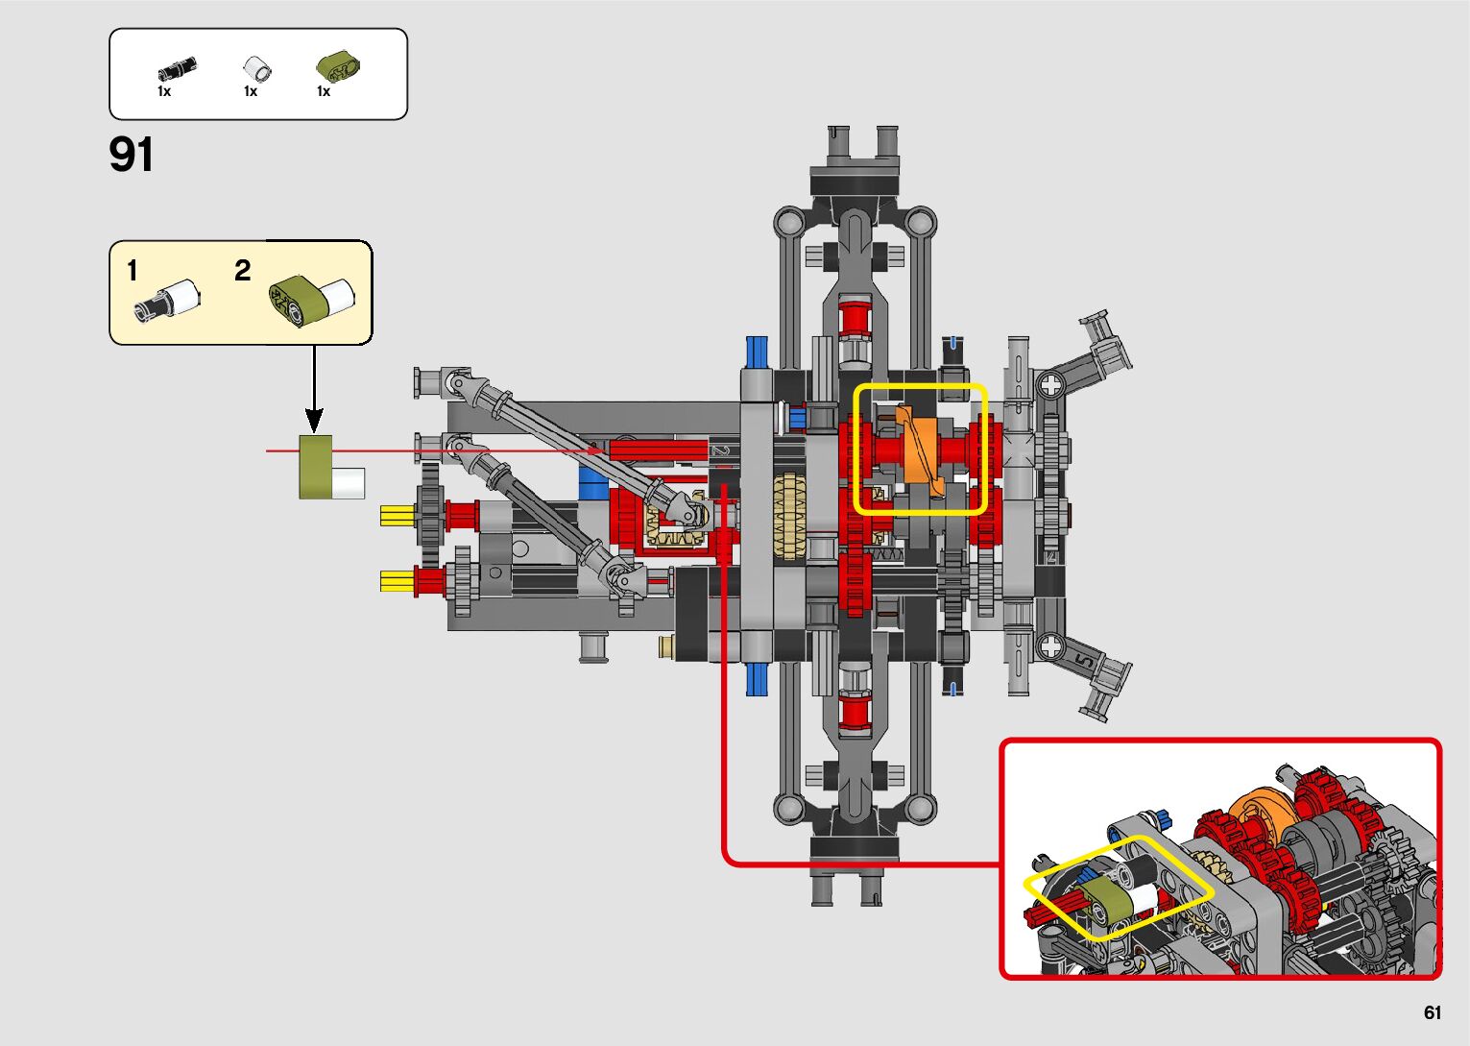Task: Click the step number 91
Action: [x=131, y=155]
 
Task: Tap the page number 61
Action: [x=1433, y=1012]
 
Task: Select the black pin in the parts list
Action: [x=177, y=70]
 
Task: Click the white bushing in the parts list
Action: [x=256, y=69]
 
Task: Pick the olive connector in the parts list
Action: [x=337, y=67]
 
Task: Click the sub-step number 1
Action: [x=133, y=272]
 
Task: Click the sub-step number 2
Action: [x=242, y=271]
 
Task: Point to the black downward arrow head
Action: [x=314, y=420]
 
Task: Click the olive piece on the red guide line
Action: [x=315, y=467]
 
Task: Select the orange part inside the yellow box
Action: [x=918, y=449]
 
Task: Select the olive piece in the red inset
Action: [x=1105, y=905]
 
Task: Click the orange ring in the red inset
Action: [x=1260, y=814]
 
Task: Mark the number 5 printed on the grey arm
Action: [x=1083, y=661]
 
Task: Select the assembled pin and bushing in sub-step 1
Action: [x=169, y=300]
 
